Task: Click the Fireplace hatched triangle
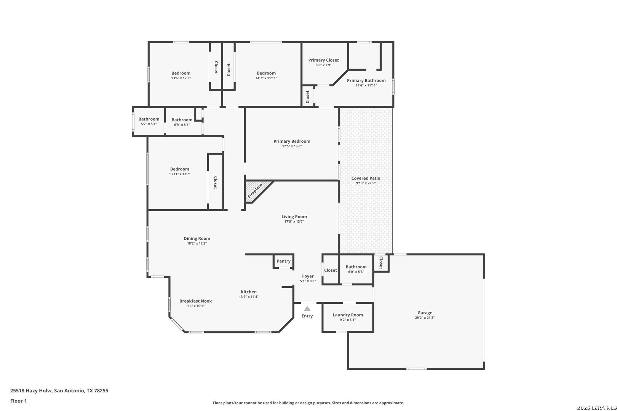[x=255, y=191]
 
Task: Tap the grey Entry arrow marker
[x=307, y=309]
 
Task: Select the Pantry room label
[x=283, y=261]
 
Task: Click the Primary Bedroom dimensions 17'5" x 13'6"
[x=292, y=146]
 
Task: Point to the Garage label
[x=425, y=313]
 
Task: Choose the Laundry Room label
[x=347, y=315]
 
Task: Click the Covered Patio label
[x=366, y=178]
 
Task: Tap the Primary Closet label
[x=323, y=60]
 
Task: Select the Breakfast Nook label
[x=195, y=301]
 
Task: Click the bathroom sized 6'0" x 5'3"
[x=356, y=269]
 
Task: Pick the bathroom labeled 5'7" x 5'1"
[x=149, y=121]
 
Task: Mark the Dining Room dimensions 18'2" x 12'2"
[x=197, y=244]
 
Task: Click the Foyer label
[x=308, y=276]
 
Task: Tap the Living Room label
[x=294, y=217]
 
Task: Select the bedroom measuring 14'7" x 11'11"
[x=266, y=75]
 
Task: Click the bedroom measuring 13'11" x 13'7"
[x=179, y=171]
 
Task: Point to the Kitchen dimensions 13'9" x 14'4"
[x=249, y=297]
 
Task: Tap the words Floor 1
[x=18, y=401]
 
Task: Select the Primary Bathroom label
[x=366, y=81]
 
